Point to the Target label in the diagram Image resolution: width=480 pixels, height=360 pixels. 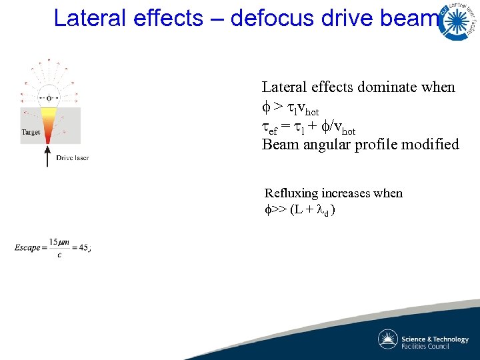coord(31,132)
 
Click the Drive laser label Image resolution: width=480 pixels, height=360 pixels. coord(73,158)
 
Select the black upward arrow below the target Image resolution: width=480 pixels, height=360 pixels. coord(47,156)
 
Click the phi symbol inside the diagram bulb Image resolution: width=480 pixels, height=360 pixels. coord(48,97)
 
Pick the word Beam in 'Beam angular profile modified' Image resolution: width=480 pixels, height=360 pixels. coord(279,144)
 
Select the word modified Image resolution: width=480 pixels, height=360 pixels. coord(432,144)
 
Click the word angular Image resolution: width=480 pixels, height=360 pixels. coord(325,145)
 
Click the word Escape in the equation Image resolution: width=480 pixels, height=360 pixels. coord(27,248)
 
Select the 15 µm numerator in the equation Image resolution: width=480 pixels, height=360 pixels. coord(57,242)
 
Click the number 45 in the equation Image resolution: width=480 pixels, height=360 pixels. coord(82,248)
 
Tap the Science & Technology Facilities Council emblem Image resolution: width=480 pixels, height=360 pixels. coord(388,339)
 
